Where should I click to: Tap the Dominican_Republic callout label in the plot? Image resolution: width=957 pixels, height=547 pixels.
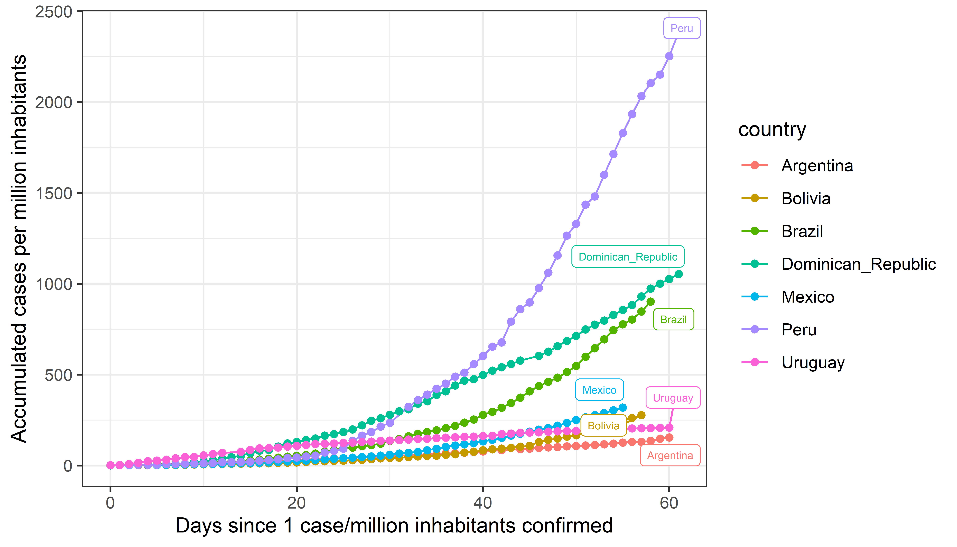coord(628,257)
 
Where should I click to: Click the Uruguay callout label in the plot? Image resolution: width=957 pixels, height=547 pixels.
coord(673,398)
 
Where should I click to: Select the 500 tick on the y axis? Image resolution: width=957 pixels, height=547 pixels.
coord(58,375)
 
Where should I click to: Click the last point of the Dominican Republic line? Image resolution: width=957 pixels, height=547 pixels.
coord(678,274)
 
